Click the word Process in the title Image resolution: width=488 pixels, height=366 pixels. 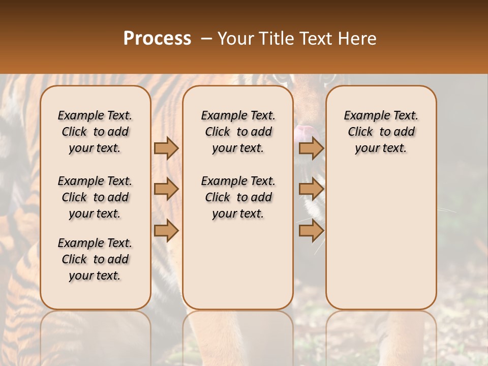click(x=157, y=39)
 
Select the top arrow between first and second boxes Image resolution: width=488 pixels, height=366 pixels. click(x=166, y=148)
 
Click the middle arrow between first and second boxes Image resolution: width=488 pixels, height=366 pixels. click(x=166, y=189)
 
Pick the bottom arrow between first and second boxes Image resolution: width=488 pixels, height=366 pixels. click(x=166, y=231)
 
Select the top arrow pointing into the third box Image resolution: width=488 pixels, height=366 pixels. click(x=311, y=148)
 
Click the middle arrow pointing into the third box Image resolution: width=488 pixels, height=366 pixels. click(x=311, y=189)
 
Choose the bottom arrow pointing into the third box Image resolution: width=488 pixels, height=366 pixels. click(x=311, y=231)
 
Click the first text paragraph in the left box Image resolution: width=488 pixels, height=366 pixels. click(x=95, y=132)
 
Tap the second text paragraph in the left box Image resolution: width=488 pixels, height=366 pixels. click(x=95, y=197)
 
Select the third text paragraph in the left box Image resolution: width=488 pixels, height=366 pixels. click(x=95, y=259)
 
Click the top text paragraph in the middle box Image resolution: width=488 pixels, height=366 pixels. click(x=238, y=132)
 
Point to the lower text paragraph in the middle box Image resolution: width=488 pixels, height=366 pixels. click(x=238, y=197)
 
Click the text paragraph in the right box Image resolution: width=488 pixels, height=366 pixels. click(x=381, y=132)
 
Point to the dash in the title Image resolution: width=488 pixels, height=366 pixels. click(x=206, y=39)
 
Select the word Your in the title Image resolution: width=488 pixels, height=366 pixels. click(x=235, y=39)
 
